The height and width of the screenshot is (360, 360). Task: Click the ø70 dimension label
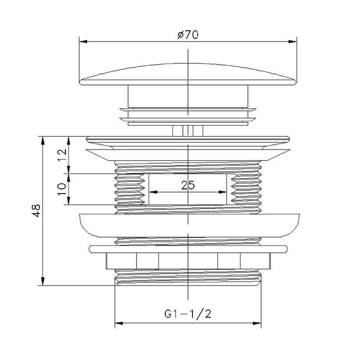187,35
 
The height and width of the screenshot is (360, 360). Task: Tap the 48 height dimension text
36,210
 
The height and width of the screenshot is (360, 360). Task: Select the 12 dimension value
62,155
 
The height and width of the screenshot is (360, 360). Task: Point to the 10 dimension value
62,189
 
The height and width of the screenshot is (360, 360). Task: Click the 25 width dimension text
188,185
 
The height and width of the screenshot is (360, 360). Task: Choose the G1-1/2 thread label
187,313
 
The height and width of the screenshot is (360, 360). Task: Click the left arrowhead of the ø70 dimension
83,41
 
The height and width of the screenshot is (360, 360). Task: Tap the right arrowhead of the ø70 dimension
292,41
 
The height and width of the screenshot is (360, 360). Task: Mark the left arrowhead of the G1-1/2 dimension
118,323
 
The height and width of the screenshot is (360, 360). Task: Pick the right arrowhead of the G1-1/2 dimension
257,323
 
